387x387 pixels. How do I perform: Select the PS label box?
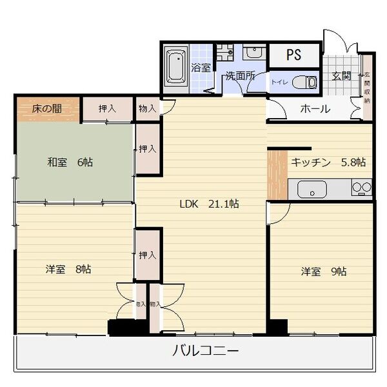[x=293, y=55]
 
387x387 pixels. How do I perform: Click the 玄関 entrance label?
[x=341, y=75]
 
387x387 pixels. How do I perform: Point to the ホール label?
[x=315, y=108]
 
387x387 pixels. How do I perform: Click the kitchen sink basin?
[x=312, y=190]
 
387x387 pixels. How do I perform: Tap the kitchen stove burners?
[x=361, y=189]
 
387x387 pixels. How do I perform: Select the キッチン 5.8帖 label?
[x=328, y=162]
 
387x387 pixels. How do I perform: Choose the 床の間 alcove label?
[x=47, y=108]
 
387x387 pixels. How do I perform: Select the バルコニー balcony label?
[x=206, y=352]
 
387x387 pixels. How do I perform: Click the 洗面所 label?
[x=239, y=76]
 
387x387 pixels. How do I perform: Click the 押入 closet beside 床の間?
[x=107, y=108]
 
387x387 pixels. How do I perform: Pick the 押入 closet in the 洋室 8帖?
[x=148, y=255]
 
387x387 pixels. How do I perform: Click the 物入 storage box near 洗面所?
[x=147, y=108]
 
